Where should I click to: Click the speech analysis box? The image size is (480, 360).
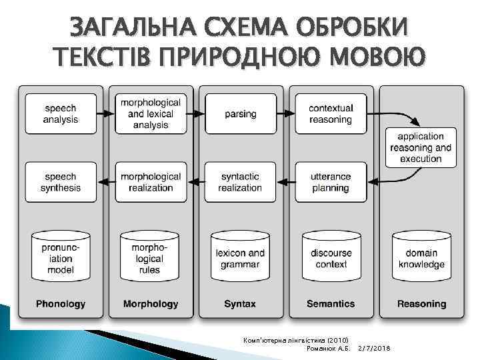point(61,114)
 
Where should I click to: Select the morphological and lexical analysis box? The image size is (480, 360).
point(151,114)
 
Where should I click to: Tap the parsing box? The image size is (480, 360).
point(241,114)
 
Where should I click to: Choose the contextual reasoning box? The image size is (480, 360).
point(331,114)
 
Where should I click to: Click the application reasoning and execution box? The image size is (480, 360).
point(421,147)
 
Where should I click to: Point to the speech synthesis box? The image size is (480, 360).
point(61,182)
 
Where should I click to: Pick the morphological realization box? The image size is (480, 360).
point(151,182)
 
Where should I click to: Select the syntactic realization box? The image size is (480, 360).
point(241,182)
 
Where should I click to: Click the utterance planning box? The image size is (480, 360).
point(331,182)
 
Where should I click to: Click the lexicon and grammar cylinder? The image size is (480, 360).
point(240,255)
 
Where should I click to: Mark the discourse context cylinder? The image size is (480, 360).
point(331,255)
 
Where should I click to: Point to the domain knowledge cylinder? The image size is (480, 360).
point(421,255)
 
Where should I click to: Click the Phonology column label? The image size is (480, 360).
point(61,304)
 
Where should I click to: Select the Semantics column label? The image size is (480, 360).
point(331,304)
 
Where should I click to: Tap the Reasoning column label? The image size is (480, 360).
point(421,304)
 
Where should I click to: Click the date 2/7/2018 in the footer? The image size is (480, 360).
point(375,349)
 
